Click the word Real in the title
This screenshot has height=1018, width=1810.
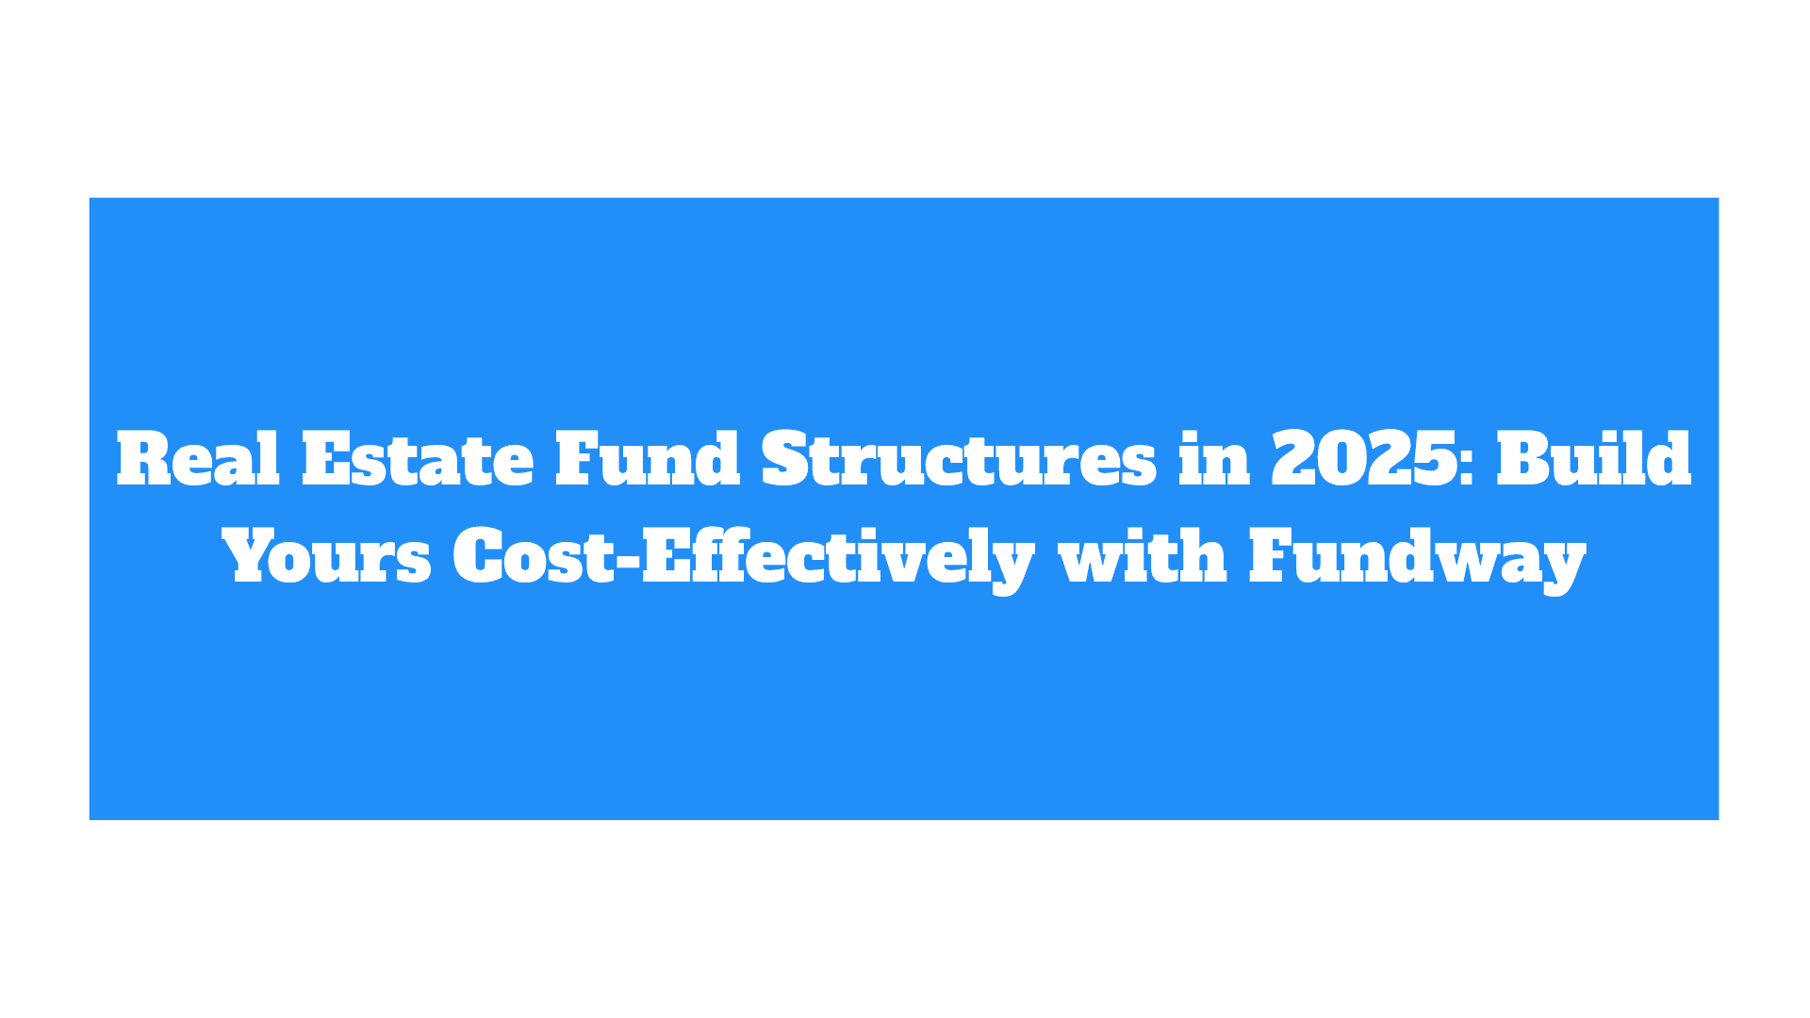point(198,459)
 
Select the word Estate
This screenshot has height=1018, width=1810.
point(418,459)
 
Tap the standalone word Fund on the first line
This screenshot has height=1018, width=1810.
point(648,459)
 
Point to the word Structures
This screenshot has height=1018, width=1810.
point(959,459)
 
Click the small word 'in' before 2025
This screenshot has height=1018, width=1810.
point(1214,459)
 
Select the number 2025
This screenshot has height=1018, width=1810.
point(1365,459)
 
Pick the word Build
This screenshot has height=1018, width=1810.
point(1593,459)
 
